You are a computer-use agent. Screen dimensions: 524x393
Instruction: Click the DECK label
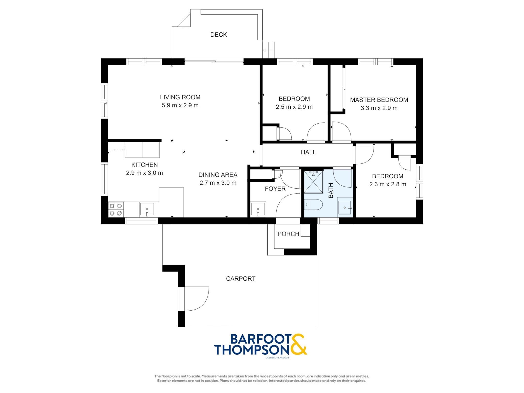(219, 35)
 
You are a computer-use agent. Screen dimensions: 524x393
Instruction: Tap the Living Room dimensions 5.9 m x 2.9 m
(180, 105)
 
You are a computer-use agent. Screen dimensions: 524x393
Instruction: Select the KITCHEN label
(145, 165)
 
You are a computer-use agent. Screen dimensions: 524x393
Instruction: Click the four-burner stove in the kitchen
(116, 210)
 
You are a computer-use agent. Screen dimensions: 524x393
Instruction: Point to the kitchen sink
(147, 209)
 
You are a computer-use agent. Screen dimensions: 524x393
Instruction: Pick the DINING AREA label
(218, 175)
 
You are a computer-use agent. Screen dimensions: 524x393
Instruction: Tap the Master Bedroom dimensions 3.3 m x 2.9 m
(379, 108)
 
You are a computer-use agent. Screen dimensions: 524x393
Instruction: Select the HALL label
(308, 152)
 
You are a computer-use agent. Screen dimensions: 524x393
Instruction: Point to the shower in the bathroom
(313, 182)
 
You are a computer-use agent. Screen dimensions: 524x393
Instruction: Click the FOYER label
(275, 189)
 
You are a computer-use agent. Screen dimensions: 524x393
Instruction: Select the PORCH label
(288, 234)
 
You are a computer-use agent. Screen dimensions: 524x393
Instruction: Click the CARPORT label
(241, 279)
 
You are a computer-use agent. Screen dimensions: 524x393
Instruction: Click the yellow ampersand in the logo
(298, 344)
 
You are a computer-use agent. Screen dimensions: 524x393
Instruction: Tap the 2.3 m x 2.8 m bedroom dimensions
(388, 184)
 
